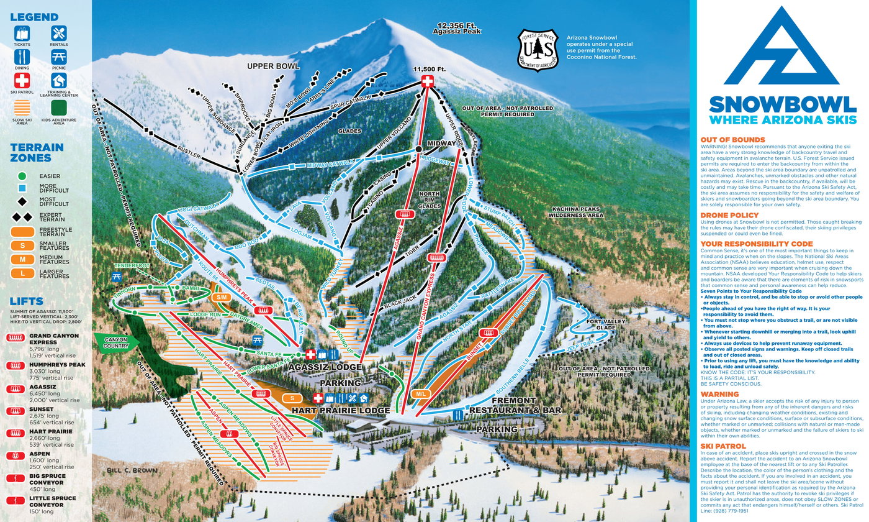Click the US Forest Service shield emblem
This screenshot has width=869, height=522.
click(538, 48)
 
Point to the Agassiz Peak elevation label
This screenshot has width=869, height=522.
click(458, 27)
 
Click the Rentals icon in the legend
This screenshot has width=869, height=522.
click(59, 34)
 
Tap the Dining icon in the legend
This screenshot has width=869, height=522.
click(22, 57)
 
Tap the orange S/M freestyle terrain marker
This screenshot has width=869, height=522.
click(222, 297)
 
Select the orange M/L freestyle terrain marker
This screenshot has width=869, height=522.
click(420, 393)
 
